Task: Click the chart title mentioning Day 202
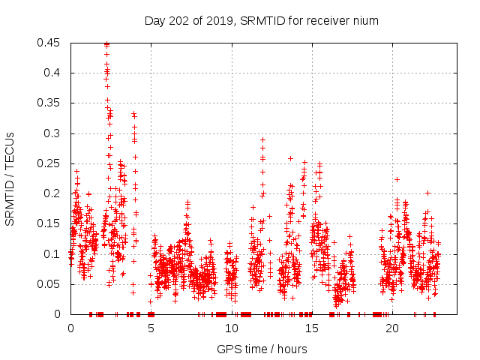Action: coord(261,21)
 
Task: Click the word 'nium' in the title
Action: coord(366,21)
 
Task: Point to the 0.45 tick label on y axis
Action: coord(49,43)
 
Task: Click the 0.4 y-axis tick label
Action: coord(52,73)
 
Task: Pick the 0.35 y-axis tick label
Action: coord(49,103)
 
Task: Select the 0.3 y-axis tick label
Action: coord(52,133)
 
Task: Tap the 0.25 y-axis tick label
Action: coord(49,163)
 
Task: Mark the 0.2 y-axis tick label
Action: coord(52,193)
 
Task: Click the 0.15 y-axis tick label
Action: coord(49,223)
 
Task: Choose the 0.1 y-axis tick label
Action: coord(52,254)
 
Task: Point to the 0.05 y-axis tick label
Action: coord(49,284)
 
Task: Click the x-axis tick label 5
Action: coord(151,328)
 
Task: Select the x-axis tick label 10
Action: coord(231,328)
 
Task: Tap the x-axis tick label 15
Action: coord(312,328)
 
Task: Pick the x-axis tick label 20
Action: coord(392,328)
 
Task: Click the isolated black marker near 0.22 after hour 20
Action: coord(397,179)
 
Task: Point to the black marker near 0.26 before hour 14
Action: coord(290,158)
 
